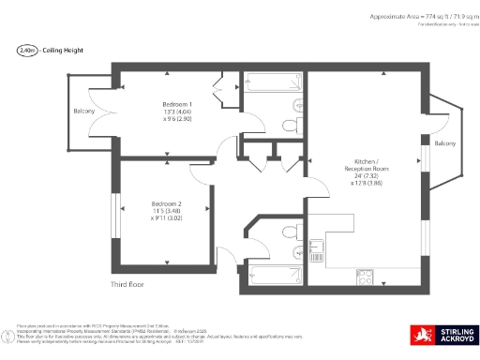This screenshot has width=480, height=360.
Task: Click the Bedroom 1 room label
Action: pos(177,103)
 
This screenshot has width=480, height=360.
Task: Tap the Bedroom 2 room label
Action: pos(166,203)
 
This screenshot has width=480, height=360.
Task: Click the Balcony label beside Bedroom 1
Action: pos(83,112)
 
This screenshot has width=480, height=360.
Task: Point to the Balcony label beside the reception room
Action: pos(444,143)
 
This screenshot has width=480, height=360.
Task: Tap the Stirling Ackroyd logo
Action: pos(443,336)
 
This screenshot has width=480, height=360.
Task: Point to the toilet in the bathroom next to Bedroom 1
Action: pos(290,123)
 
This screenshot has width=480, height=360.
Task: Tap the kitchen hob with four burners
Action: pos(365,276)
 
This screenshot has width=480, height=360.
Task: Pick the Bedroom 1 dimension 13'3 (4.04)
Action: pos(177,112)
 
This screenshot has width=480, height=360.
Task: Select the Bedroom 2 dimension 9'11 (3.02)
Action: pos(166,220)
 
